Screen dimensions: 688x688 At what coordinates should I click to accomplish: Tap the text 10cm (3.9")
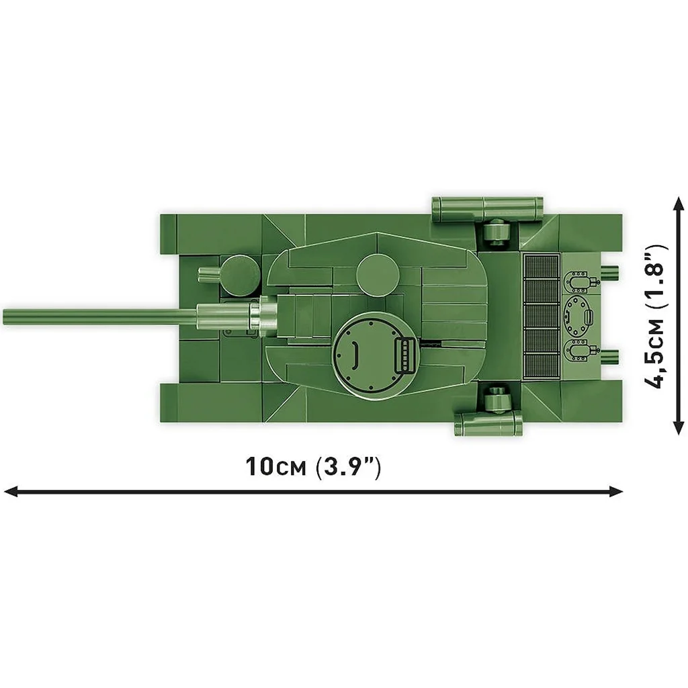[313, 466]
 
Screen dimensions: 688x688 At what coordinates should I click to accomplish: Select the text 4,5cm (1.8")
[656, 316]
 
